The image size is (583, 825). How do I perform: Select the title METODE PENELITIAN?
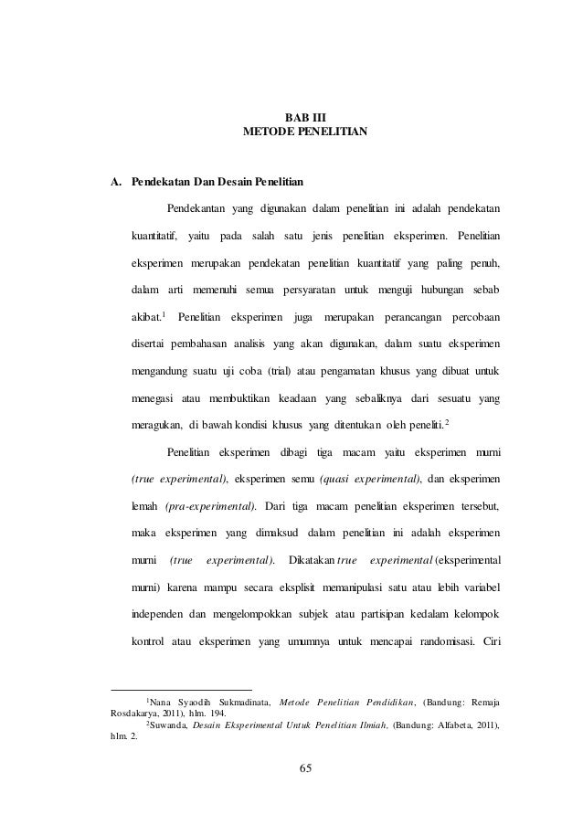[x=305, y=133]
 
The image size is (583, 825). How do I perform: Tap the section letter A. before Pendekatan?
[x=116, y=179]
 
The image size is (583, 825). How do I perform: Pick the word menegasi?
[x=154, y=398]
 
